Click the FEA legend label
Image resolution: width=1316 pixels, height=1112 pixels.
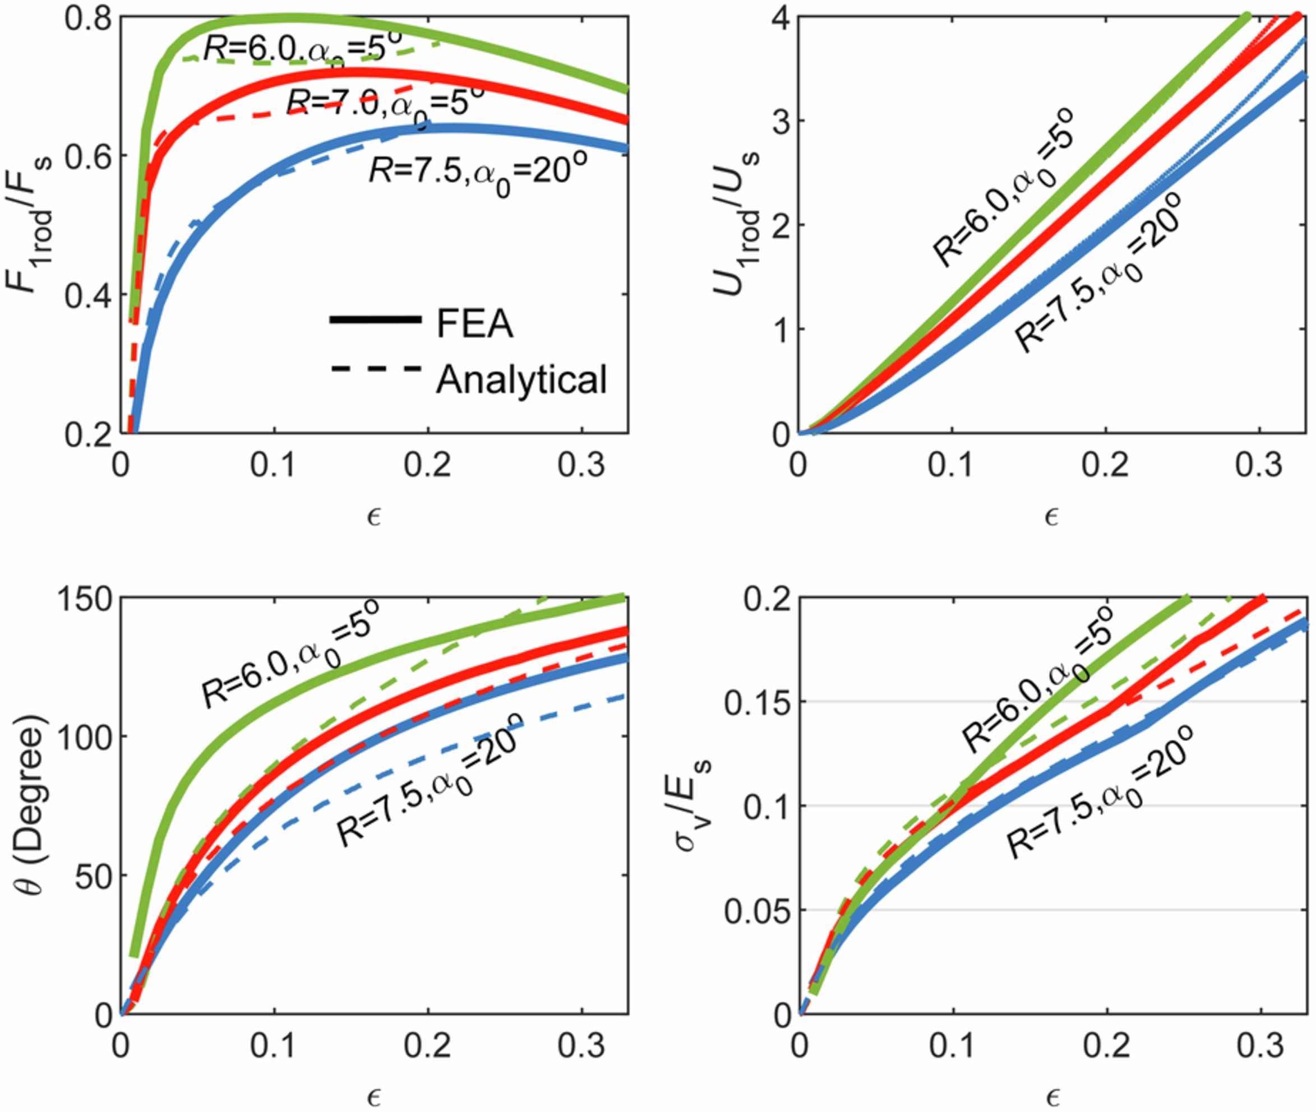tap(474, 325)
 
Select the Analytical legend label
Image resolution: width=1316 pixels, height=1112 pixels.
tap(521, 379)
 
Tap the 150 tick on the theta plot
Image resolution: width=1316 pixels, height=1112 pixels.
tap(82, 597)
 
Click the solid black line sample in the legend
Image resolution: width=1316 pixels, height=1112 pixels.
tap(375, 320)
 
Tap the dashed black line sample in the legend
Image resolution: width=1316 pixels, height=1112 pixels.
tap(375, 369)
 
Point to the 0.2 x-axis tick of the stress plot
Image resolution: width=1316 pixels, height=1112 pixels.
tap(1107, 1045)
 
